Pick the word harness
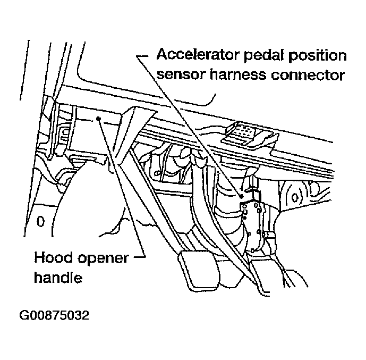[x=235, y=75]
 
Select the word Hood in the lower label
[x=52, y=258]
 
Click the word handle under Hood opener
[x=58, y=278]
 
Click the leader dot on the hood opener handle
[x=98, y=119]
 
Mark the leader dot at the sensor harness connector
[x=241, y=196]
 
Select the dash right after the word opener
[x=139, y=258]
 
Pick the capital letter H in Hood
[x=39, y=258]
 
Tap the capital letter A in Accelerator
[x=162, y=55]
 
